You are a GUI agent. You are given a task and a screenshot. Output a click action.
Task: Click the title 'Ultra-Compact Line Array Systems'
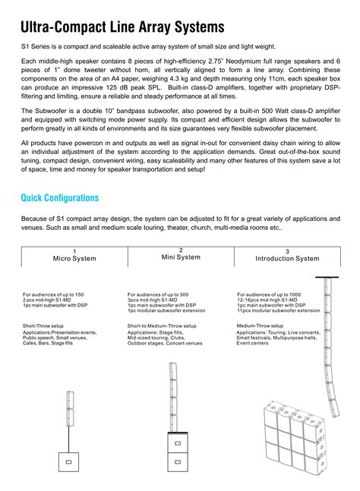pos(122,27)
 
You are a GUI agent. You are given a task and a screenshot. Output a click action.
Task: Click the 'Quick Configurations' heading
pos(60,198)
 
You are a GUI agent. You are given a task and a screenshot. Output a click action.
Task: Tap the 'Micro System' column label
pos(74,259)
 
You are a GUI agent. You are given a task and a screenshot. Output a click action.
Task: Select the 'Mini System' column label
pos(181,257)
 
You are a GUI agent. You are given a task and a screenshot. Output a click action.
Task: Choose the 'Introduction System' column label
pos(287,259)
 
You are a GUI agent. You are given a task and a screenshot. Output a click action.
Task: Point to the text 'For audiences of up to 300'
pos(158,294)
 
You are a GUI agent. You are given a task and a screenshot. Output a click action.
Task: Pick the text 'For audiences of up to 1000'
pos(269,294)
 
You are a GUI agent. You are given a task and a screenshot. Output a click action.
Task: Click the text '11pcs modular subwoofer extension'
pos(278,310)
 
